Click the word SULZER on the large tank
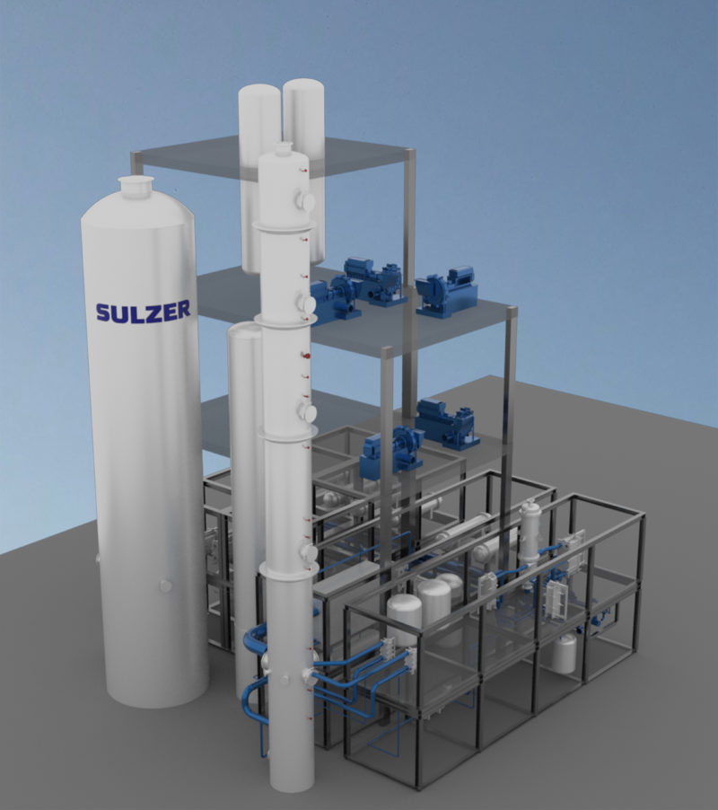click(143, 311)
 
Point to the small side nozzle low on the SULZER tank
click(165, 585)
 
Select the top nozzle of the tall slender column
click(284, 148)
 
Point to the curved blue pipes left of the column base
click(254, 669)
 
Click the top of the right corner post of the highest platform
click(410, 154)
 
